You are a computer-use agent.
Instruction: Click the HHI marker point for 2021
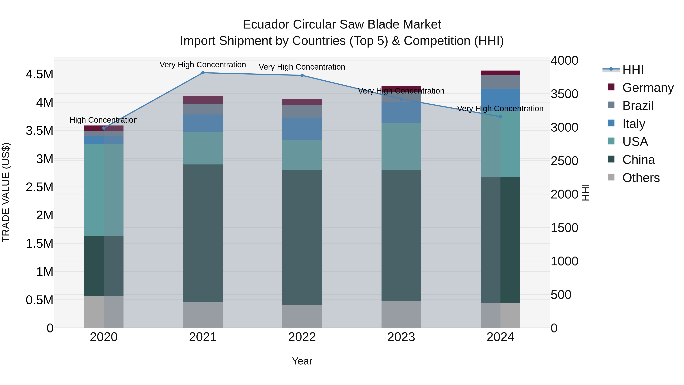coord(203,73)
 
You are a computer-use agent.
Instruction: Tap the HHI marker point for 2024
coord(500,117)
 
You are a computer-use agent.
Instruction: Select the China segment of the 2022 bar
coord(302,237)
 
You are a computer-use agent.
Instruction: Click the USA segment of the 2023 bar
coord(401,146)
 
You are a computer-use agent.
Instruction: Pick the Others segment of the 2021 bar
coord(203,315)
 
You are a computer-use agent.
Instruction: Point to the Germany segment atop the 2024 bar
coord(500,73)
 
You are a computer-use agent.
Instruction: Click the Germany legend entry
coord(648,87)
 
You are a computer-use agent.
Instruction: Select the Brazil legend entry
coord(638,106)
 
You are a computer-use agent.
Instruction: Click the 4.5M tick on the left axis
coord(40,74)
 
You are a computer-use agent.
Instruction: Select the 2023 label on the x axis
coord(401,337)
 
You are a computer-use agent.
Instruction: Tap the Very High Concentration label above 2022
coord(302,67)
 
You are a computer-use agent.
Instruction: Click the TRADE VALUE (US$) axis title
coord(6,192)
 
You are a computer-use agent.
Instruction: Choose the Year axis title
coord(302,361)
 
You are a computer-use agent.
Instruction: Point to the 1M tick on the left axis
coord(45,272)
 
